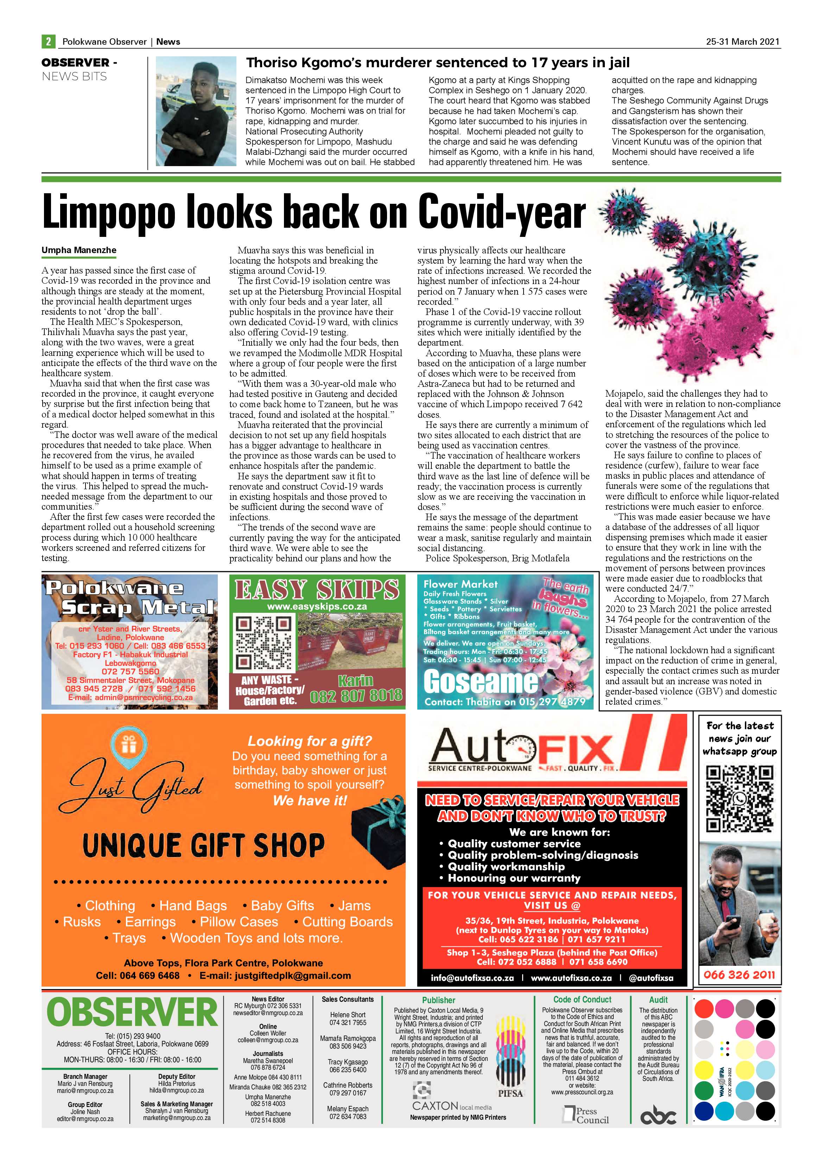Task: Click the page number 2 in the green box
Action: (x=48, y=42)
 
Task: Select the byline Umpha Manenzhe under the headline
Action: (x=79, y=250)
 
